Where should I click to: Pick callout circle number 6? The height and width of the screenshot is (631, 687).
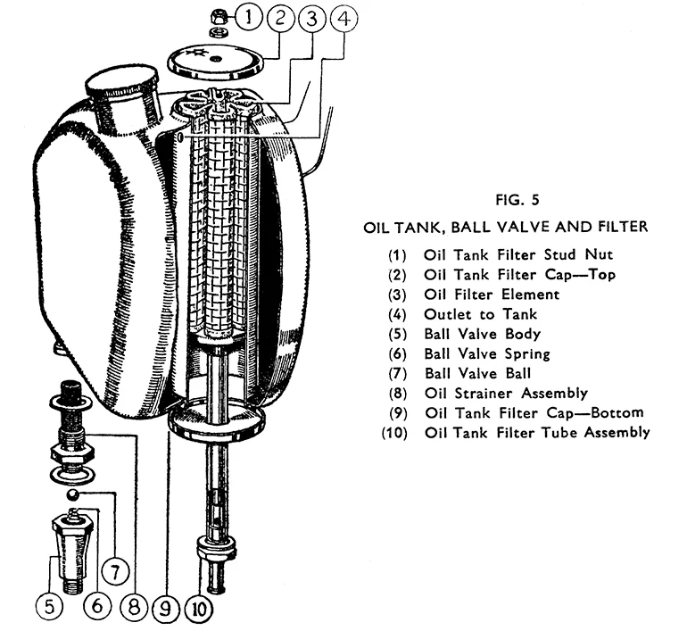tap(99, 607)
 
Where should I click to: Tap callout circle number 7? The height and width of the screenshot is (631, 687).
tap(114, 568)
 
